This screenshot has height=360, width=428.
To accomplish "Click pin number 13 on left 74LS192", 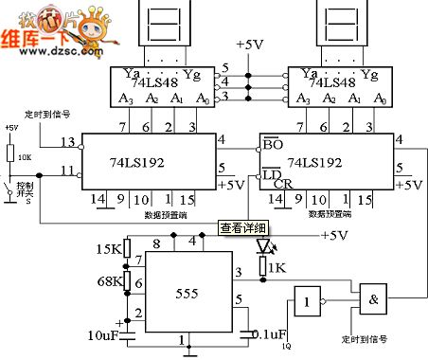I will click(66, 141).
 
